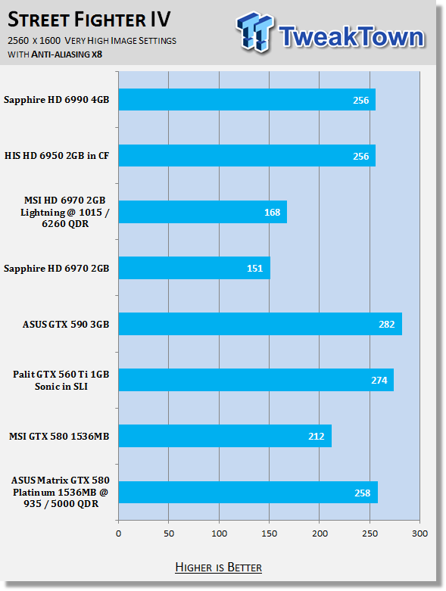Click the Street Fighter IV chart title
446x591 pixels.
89,20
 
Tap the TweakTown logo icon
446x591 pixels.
254,32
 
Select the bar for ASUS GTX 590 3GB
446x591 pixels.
260,324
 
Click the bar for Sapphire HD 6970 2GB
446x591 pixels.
195,268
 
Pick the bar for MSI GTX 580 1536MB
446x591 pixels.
225,436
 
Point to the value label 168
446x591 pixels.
272,212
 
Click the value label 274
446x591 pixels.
379,380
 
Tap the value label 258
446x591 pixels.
362,493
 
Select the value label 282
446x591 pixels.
386,324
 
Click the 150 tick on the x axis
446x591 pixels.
269,533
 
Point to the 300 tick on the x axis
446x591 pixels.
419,533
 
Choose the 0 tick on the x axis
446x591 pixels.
118,533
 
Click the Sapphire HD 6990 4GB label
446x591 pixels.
57,100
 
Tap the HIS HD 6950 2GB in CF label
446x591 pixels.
57,156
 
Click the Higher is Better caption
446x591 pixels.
218,568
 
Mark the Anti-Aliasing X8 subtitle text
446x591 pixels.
67,54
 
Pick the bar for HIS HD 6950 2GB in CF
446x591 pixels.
247,155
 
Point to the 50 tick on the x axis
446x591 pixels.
169,533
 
